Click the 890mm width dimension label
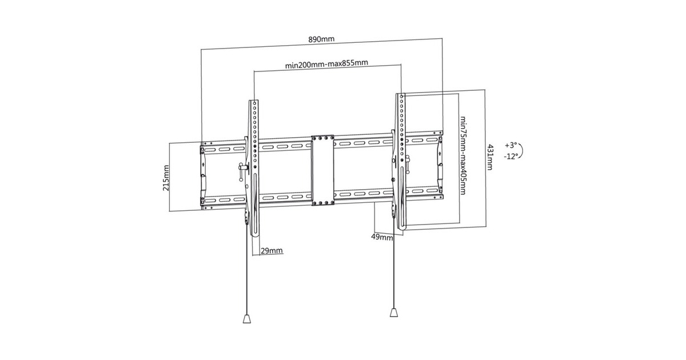click(321, 39)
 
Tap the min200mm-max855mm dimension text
click(326, 63)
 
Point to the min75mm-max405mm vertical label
click(463, 155)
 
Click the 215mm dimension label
click(166, 178)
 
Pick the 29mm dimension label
click(272, 250)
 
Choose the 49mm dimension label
click(382, 237)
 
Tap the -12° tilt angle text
click(512, 156)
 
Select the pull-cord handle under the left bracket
click(247, 318)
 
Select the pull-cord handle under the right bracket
click(394, 311)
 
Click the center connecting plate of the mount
click(322, 170)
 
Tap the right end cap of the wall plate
click(440, 166)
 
